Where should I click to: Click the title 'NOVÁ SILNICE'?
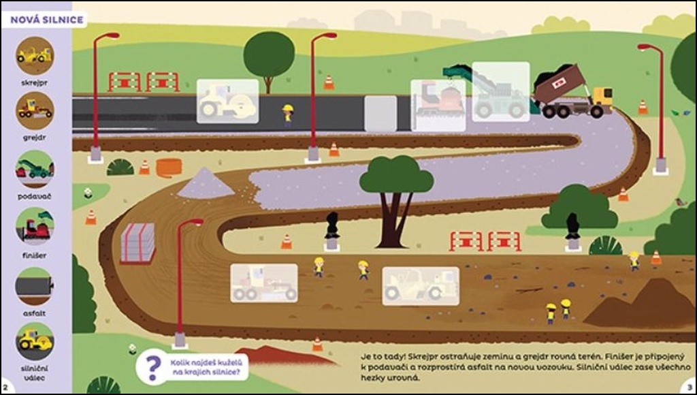[x=47, y=20]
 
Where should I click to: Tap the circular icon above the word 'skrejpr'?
[x=35, y=56]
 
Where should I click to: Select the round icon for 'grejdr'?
[x=35, y=110]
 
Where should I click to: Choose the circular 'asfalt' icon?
[x=35, y=285]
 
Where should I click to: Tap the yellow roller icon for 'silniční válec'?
[x=35, y=341]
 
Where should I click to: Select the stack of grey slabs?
[x=138, y=243]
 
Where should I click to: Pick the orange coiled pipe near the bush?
[x=169, y=168]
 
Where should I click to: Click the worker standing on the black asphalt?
[x=288, y=114]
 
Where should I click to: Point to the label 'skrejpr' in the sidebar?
[x=35, y=83]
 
